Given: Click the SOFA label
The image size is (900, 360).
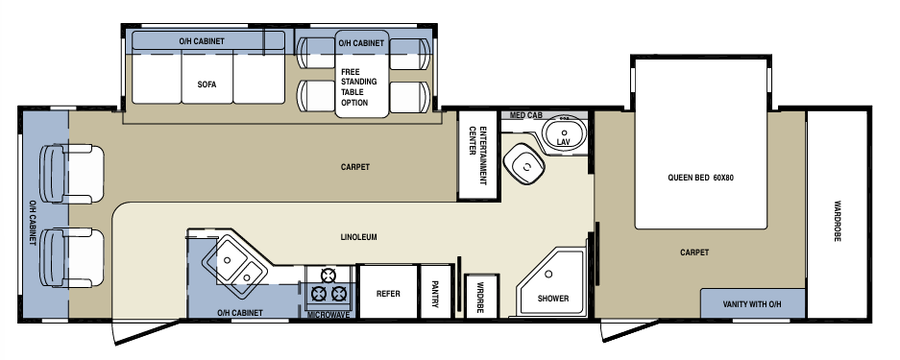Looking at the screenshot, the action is [207, 84].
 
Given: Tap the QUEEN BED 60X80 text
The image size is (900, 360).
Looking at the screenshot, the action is [700, 178].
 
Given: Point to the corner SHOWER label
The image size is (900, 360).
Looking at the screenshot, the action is [553, 299].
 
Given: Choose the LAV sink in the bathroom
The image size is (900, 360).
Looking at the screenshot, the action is [564, 133].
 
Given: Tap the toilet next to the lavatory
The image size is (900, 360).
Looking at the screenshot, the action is [524, 163].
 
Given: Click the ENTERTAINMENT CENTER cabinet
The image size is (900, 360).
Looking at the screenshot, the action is [478, 156].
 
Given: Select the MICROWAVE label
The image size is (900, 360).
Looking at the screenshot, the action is [328, 315].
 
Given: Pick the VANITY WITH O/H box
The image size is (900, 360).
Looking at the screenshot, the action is [752, 303].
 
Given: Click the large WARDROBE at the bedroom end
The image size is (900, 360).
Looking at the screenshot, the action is [837, 214].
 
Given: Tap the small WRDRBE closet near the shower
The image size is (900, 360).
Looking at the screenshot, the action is [481, 297].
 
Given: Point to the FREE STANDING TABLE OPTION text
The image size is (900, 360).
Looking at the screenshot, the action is [358, 87].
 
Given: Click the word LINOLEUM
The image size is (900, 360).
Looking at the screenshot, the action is [358, 237].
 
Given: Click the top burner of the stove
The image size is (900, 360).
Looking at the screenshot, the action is [328, 276].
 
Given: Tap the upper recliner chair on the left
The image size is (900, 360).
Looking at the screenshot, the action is [72, 175].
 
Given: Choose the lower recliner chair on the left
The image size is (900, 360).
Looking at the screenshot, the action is [72, 258].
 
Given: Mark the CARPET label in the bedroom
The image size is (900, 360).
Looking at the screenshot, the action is [694, 252].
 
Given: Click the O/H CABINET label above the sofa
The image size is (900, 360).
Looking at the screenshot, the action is [202, 41].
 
